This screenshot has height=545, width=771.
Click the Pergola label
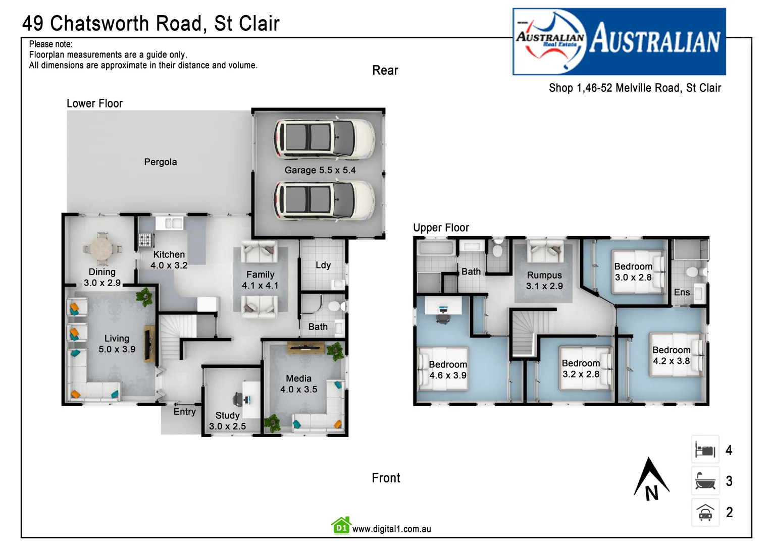(x=160, y=162)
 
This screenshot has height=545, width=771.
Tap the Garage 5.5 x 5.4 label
(x=320, y=170)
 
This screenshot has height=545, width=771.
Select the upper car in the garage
(x=324, y=138)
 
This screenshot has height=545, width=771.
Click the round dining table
(x=101, y=248)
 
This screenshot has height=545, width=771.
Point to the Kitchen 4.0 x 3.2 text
(x=169, y=260)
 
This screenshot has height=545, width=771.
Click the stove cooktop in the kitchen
(x=145, y=240)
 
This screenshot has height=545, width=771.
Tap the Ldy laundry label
(x=323, y=265)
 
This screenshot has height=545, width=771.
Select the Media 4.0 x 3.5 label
(x=298, y=384)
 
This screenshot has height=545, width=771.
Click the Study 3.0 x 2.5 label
(x=227, y=421)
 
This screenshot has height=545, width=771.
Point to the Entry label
(x=184, y=412)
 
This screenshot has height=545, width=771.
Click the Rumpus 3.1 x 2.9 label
(x=544, y=281)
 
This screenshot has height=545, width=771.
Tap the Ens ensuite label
(x=682, y=292)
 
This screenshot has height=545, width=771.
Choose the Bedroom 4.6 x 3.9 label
(x=448, y=370)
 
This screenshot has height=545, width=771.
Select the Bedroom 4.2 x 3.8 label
(x=671, y=355)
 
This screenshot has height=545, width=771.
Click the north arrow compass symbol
(x=651, y=479)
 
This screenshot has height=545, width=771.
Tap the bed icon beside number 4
(x=705, y=450)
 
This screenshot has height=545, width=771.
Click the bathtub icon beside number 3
(x=705, y=481)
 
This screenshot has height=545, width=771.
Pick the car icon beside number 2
(x=705, y=513)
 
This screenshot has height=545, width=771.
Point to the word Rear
(x=385, y=71)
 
